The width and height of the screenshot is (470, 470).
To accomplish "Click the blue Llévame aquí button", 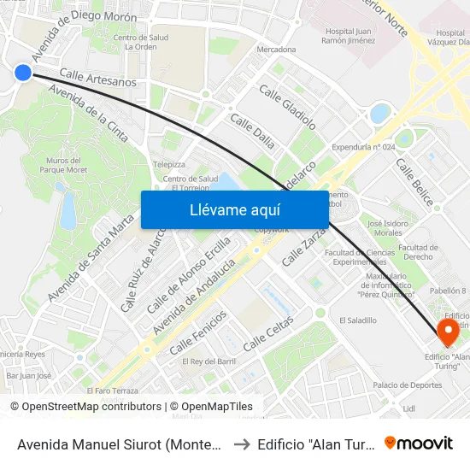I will click(x=234, y=209).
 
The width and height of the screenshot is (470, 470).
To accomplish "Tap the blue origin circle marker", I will click(x=23, y=73).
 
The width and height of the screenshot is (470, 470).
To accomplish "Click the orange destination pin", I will click(x=445, y=332).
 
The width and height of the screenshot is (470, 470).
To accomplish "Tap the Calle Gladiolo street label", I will click(x=287, y=107).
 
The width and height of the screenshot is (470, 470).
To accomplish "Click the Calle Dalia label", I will click(x=252, y=133).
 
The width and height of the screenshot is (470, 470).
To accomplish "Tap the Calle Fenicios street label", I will click(x=198, y=332).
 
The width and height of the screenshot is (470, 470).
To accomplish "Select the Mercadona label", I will click(x=276, y=50).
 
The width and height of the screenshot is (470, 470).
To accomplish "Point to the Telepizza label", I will click(x=168, y=163).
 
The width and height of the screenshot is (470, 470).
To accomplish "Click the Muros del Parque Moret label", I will click(x=64, y=164).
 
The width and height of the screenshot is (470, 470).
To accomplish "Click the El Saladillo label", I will click(x=357, y=320).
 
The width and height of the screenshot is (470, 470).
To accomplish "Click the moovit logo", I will click(x=418, y=443).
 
